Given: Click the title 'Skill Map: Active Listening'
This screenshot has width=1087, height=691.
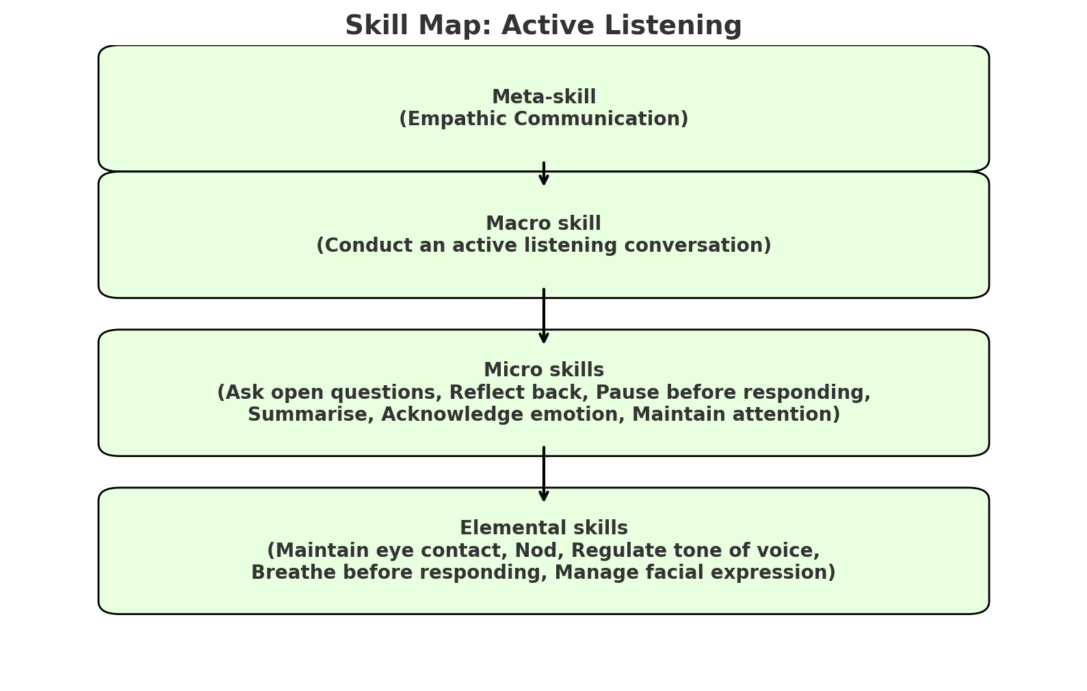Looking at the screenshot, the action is tap(543, 26).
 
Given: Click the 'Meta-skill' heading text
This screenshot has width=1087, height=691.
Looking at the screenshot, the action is tap(544, 97).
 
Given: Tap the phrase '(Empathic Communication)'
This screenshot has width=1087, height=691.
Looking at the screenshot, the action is tap(544, 119).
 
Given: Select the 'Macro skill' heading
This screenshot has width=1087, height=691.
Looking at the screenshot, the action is tap(544, 224).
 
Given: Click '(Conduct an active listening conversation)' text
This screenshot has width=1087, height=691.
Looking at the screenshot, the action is tap(544, 246).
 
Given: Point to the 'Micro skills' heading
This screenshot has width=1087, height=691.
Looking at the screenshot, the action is tap(544, 370).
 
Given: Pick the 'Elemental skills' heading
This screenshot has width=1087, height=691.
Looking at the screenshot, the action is tap(544, 528).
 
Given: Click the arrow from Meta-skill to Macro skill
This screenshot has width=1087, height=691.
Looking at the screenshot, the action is tap(544, 174).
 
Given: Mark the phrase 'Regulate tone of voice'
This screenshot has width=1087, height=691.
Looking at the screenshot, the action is tap(694, 551).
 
